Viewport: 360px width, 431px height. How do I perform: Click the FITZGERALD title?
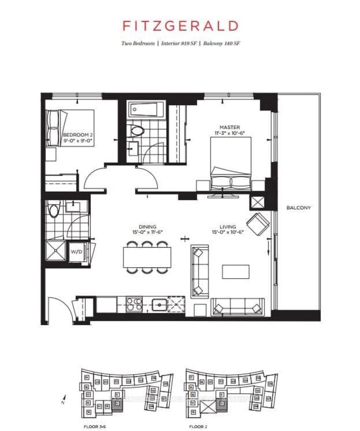[180, 26]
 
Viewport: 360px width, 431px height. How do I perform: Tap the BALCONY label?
[299, 208]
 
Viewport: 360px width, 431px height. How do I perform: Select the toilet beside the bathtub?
[138, 130]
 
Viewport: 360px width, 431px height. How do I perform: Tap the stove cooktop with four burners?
[134, 305]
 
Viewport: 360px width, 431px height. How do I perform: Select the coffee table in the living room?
[236, 271]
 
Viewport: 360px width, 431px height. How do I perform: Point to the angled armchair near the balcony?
[259, 223]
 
